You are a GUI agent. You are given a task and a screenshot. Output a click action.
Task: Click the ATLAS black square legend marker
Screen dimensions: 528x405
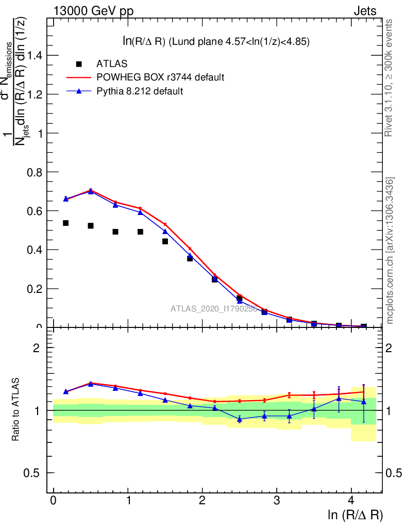[x=79, y=64]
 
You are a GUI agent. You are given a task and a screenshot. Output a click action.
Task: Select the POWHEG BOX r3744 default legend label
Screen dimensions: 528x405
[x=160, y=77]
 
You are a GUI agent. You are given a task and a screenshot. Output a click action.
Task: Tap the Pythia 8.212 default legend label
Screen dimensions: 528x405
[x=140, y=91]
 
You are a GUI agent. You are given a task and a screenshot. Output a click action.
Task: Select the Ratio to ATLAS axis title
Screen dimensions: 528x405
[x=16, y=410]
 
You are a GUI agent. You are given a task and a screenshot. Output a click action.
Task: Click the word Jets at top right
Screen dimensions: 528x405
[x=364, y=11]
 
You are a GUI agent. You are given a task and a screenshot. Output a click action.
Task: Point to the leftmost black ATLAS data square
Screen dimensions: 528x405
[x=66, y=223]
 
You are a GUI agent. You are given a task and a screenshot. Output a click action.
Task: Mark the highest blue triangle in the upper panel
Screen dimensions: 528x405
[x=91, y=191]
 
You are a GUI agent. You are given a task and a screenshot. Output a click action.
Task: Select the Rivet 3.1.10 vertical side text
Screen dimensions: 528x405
[x=389, y=78]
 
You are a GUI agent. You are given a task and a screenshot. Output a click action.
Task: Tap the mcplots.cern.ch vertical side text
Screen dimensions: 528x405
[x=390, y=251]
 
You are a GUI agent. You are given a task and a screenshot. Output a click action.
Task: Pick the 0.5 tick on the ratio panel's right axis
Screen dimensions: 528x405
[x=395, y=473]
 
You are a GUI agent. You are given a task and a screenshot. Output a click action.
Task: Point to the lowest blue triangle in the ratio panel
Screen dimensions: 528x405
[x=240, y=419]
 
